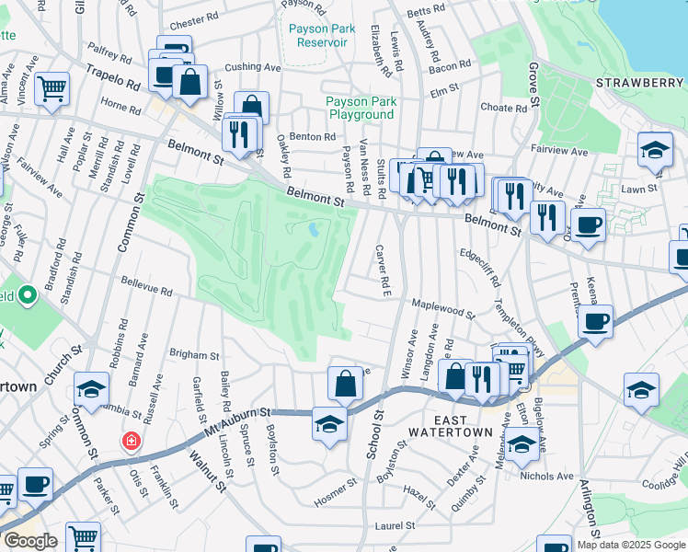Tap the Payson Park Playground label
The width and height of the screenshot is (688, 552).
[361, 109]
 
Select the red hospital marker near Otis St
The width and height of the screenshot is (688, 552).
[132, 442]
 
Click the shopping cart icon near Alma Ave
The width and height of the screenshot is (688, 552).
[52, 88]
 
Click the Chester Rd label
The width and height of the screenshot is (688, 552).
[193, 18]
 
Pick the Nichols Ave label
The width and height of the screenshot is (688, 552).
[545, 477]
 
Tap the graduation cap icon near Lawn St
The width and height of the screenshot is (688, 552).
[655, 150]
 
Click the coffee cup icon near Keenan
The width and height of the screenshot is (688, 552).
[595, 321]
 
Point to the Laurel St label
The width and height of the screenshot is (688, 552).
[396, 526]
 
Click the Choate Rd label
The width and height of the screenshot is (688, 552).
[503, 108]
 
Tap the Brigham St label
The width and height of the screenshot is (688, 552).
[194, 355]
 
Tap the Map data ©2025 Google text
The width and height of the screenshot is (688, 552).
[631, 545]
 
